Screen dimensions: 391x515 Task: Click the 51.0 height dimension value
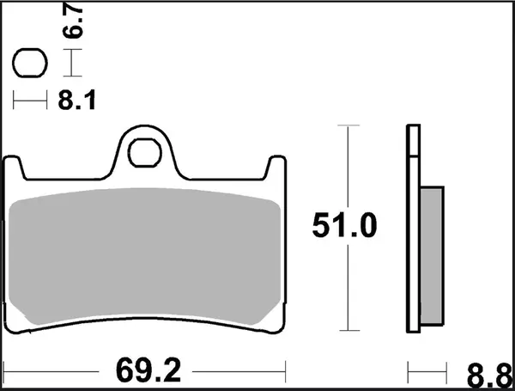point(343,227)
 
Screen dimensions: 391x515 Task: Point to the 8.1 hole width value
point(76,101)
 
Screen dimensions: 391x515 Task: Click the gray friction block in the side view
point(432,257)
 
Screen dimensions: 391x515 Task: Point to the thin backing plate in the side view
point(413,232)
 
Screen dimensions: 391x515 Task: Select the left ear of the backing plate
point(13,167)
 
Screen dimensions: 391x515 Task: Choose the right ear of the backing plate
point(276,167)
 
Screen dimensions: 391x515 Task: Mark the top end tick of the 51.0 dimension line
point(346,125)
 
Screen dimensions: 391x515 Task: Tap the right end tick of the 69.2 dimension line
point(284,371)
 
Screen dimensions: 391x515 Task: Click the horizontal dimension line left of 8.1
point(30,101)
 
